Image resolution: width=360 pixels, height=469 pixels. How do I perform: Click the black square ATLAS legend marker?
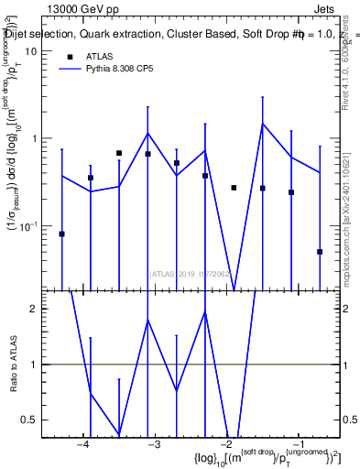(71, 56)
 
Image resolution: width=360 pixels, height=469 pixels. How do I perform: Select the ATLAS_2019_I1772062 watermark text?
(193, 272)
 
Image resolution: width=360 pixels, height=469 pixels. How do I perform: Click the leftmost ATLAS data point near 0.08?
(61, 234)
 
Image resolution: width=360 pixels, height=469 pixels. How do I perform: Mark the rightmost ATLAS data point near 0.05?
(320, 252)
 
